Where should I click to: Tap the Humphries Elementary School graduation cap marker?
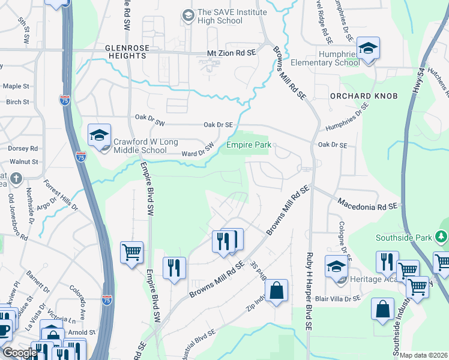(368, 48)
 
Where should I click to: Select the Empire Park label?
(249, 145)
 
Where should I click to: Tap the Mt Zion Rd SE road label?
(231, 53)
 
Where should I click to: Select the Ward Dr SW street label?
(198, 150)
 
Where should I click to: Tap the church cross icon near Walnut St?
(16, 178)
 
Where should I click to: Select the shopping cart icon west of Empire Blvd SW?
(131, 251)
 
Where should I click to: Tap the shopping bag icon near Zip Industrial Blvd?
(276, 291)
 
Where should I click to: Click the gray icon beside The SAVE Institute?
(188, 15)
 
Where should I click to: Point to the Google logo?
(20, 353)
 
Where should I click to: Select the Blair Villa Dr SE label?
(337, 298)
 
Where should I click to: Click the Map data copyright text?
(424, 355)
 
